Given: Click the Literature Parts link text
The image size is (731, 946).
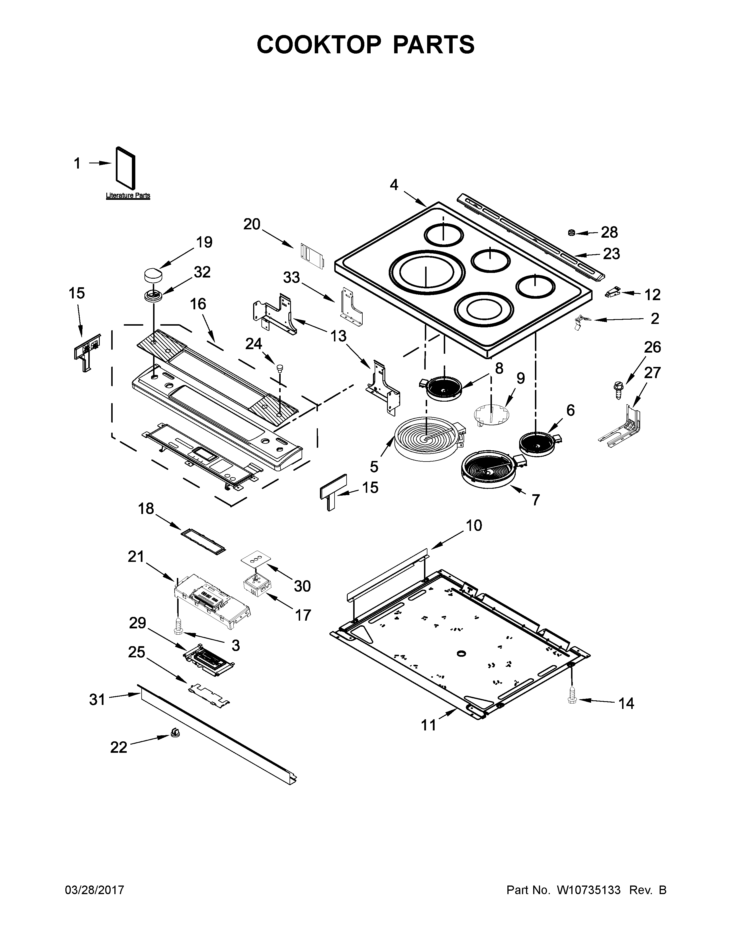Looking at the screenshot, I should (x=128, y=195).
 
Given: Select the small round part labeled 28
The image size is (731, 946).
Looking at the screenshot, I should (x=572, y=233).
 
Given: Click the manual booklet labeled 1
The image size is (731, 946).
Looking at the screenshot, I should (x=126, y=165).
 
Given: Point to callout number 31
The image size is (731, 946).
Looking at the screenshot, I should (x=97, y=699).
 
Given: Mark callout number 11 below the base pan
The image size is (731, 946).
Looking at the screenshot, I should (x=429, y=725).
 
